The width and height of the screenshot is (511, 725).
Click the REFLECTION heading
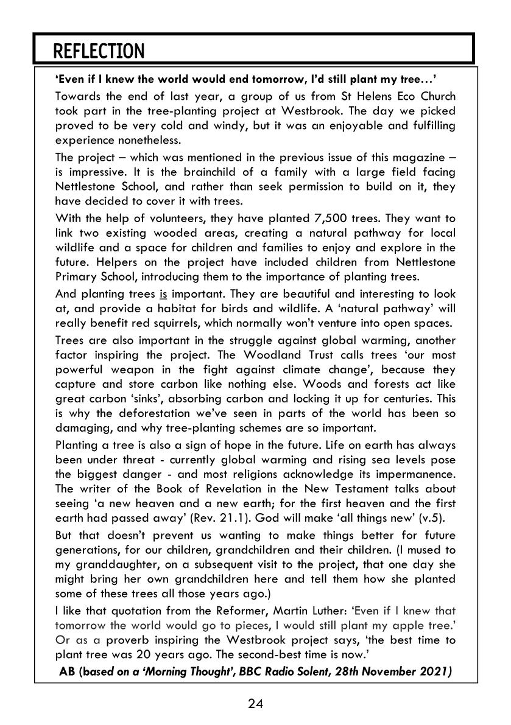point(99,51)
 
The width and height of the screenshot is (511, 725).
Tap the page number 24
point(255,704)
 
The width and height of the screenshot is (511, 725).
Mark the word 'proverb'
point(144,640)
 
